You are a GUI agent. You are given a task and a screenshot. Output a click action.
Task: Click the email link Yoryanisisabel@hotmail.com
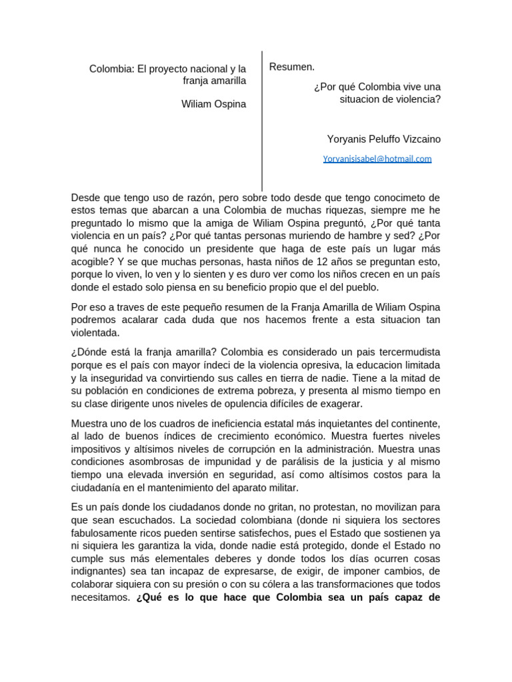pyautogui.click(x=377, y=159)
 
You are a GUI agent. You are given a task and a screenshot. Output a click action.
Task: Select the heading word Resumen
pyautogui.click(x=292, y=67)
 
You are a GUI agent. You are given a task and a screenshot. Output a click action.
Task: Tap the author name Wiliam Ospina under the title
pyautogui.click(x=213, y=104)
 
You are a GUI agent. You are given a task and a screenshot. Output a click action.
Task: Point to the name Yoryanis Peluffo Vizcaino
pyautogui.click(x=383, y=139)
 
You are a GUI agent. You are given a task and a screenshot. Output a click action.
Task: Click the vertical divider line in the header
pyautogui.click(x=262, y=120)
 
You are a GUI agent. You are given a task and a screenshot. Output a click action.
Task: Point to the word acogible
pyautogui.click(x=91, y=262)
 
